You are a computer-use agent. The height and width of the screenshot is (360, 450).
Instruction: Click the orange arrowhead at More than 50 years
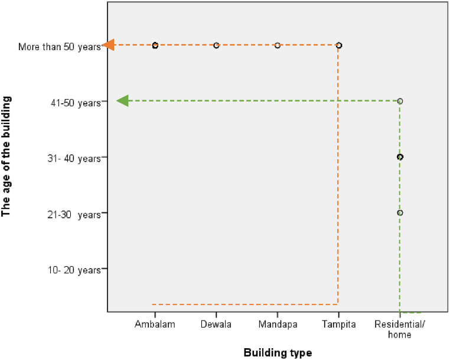[x=109, y=45]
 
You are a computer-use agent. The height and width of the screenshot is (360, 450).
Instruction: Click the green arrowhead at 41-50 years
[x=123, y=101]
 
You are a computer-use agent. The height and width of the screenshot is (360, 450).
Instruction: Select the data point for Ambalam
[x=155, y=45]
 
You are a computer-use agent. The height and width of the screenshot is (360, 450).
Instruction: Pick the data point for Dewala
[x=216, y=45]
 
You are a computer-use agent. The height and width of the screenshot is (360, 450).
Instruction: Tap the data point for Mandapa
[x=278, y=45]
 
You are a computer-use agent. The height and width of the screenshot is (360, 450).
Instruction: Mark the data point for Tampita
[x=338, y=45]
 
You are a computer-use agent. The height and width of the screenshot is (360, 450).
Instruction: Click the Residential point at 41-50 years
[x=400, y=101]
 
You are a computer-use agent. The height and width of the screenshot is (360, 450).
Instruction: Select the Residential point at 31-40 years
[x=400, y=157]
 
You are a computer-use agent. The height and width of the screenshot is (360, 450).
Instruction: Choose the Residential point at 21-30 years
[x=400, y=212]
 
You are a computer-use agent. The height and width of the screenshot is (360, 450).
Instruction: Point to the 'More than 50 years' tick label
[x=60, y=45]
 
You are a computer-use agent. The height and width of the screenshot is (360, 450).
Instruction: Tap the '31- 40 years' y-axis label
[x=75, y=158]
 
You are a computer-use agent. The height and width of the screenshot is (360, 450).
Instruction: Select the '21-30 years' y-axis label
[x=76, y=214]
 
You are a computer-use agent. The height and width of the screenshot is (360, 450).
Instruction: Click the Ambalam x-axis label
[x=155, y=325]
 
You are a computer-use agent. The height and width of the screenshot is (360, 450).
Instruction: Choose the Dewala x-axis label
[x=216, y=325]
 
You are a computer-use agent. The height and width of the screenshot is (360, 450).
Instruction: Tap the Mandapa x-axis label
[x=278, y=325]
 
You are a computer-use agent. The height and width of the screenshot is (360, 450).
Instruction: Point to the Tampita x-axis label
[x=338, y=325]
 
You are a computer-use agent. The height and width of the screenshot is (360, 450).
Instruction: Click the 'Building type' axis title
[x=277, y=353]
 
